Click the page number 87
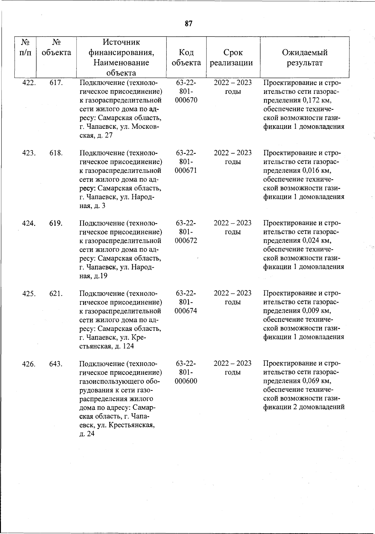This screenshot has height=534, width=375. [188, 24]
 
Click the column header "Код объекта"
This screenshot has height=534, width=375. [186, 57]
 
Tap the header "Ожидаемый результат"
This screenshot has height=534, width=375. [304, 57]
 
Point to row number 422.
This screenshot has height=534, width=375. [29, 83]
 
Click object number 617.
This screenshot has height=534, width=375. [56, 83]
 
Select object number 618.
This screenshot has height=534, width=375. [56, 153]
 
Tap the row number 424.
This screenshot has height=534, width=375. [29, 223]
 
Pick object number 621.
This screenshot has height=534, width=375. [56, 294]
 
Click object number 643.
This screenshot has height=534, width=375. [56, 364]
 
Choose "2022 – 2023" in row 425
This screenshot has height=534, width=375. [232, 294]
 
